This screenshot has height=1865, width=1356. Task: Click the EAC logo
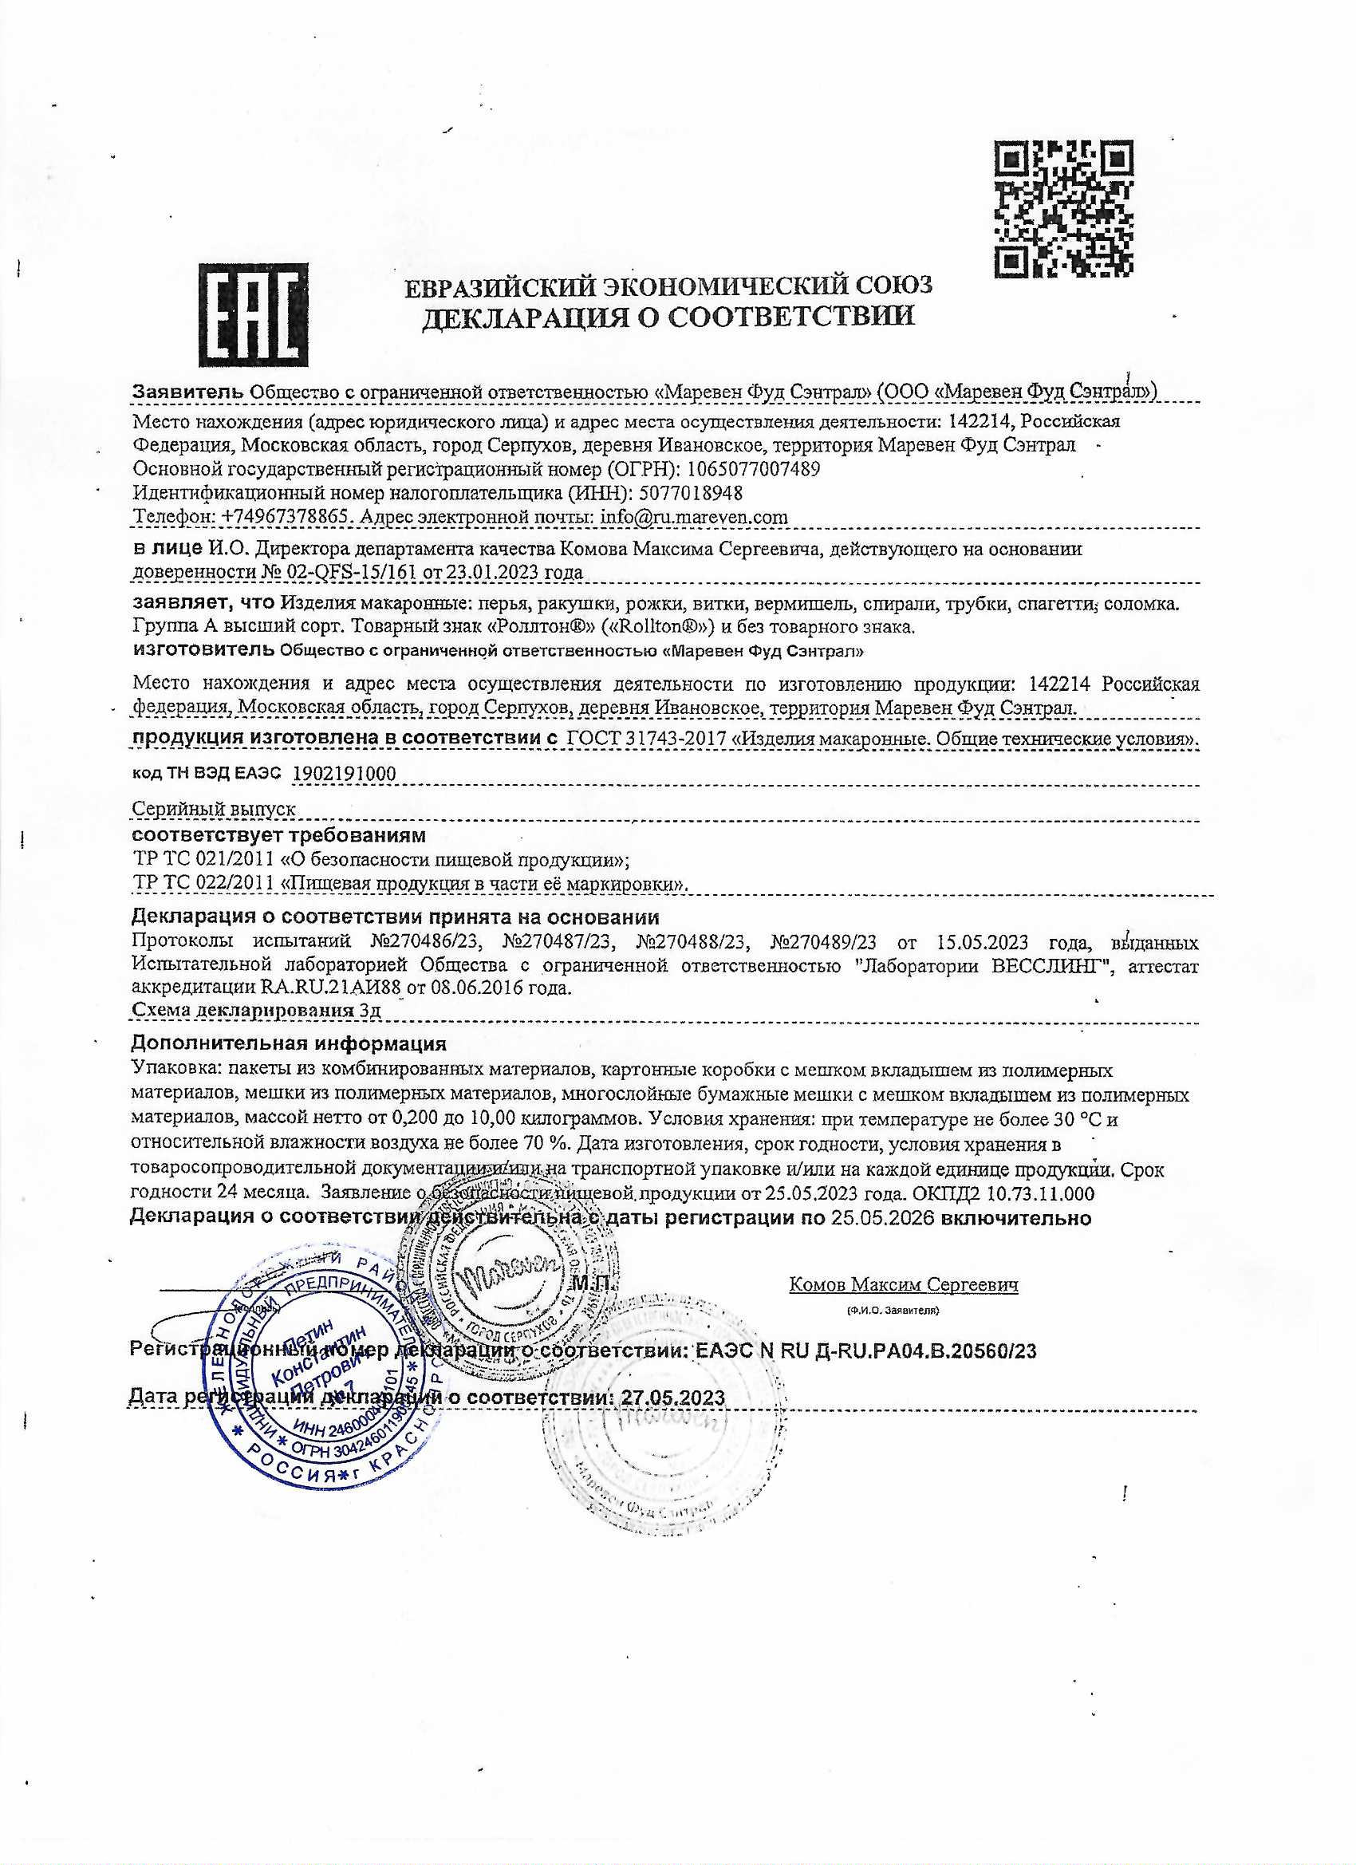tap(254, 314)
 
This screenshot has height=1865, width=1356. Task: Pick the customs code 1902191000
tap(344, 773)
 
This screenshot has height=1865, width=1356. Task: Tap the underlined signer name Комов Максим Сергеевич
tap(903, 1284)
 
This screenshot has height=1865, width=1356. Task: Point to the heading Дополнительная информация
tap(289, 1043)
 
